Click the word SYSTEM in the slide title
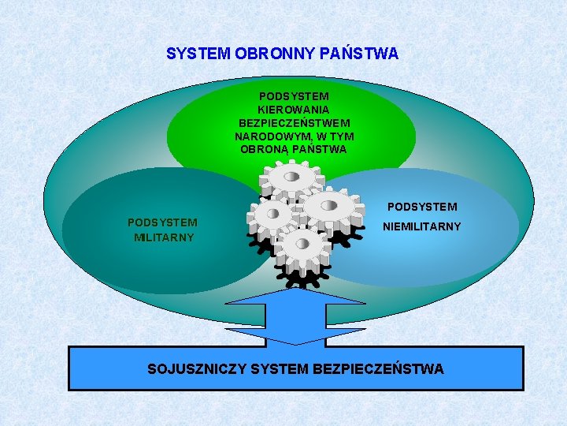point(198,54)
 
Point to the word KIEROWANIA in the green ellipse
point(293,110)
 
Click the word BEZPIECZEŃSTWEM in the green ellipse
point(295,123)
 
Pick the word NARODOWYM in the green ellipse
point(272,136)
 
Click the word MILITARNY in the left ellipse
point(164,237)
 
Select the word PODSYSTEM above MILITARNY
point(162,222)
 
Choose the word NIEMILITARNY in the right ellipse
point(421,227)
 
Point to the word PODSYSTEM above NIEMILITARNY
point(421,207)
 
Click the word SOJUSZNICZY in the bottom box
point(197,368)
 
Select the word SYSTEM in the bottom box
point(280,368)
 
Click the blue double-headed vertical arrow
point(295,316)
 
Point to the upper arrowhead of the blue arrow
point(295,297)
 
